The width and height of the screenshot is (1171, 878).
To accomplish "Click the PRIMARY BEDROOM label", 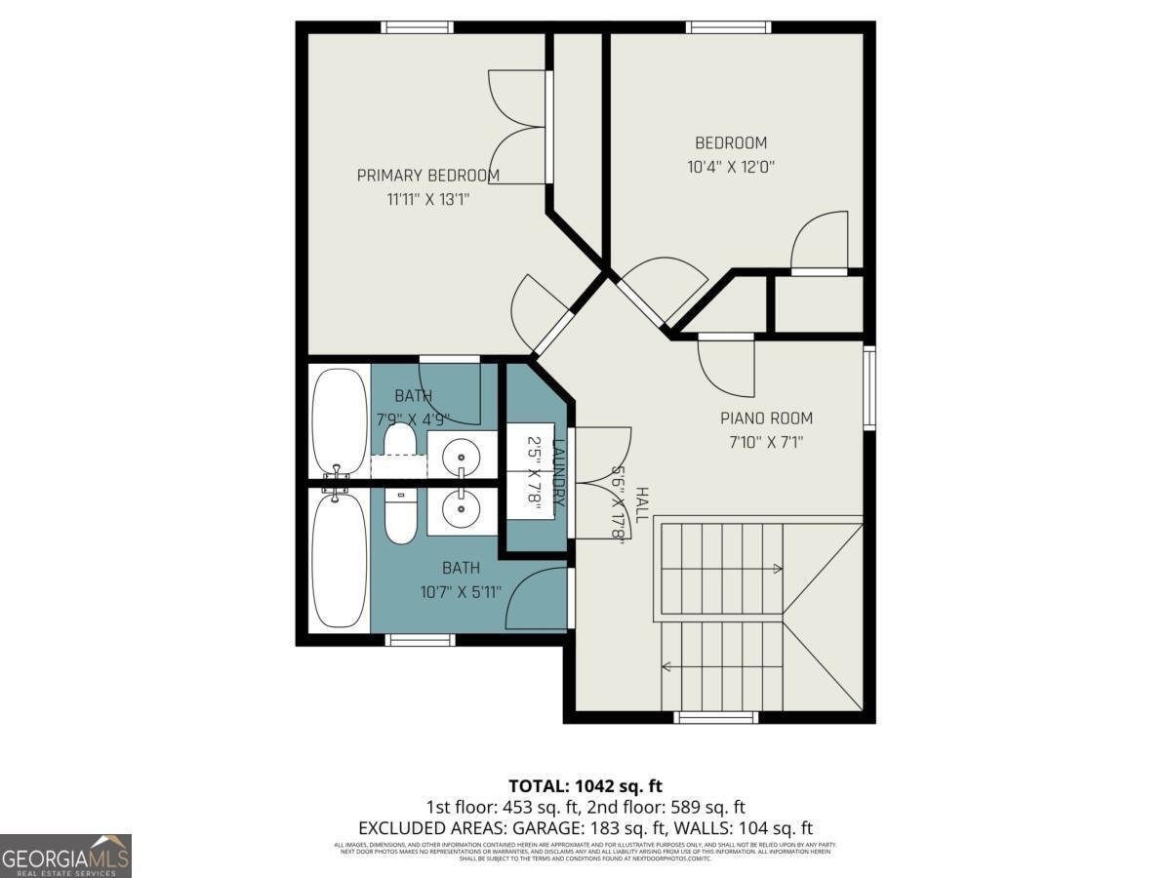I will [x=427, y=176].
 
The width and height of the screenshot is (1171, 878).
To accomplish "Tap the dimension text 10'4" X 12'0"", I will [x=731, y=167].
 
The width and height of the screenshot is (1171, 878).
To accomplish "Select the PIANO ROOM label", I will [x=766, y=419].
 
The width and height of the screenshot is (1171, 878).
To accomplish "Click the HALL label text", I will [x=641, y=503].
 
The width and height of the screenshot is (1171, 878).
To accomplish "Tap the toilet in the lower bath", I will [x=400, y=517].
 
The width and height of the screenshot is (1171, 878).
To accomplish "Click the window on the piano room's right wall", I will [x=869, y=386].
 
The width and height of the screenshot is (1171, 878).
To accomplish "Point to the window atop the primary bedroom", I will [x=418, y=27].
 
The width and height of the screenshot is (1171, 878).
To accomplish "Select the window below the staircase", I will [x=715, y=718].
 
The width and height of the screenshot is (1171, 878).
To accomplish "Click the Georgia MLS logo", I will [x=65, y=856].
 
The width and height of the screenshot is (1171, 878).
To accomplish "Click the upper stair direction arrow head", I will [x=778, y=568].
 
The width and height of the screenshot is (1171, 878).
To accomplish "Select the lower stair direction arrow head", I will [x=666, y=667].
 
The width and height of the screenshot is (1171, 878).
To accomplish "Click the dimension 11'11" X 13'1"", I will [x=429, y=200].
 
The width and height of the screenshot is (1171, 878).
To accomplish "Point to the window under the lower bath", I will [x=421, y=640].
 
